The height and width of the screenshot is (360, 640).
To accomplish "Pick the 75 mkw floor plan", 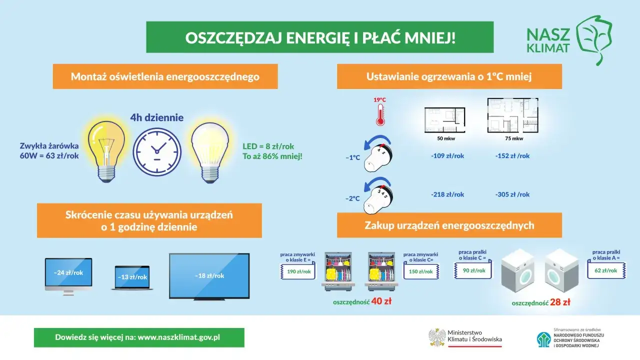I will (513, 115).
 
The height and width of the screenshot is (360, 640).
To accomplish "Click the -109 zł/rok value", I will (447, 156).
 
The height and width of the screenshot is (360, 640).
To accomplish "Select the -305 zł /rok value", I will (512, 194).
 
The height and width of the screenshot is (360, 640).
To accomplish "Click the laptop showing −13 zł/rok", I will (132, 277).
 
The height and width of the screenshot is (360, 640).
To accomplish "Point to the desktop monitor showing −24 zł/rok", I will (68, 274).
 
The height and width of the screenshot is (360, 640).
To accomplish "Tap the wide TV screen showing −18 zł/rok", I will (209, 275).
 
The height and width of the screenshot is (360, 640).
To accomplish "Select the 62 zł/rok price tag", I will (605, 270).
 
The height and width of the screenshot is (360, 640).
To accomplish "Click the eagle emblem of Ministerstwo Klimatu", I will (437, 337).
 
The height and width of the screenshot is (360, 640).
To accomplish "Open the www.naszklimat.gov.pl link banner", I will (139, 337).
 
